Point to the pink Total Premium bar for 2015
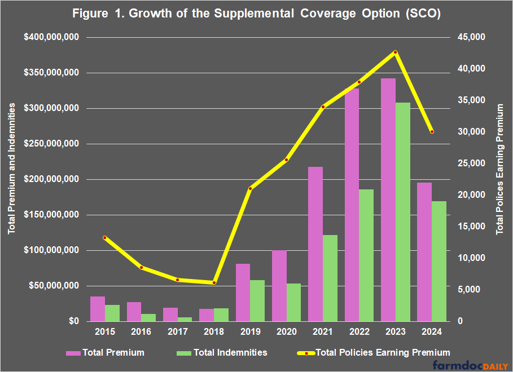point(98,309)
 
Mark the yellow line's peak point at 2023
point(396,52)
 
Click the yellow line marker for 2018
point(214,282)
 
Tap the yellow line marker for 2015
point(105,238)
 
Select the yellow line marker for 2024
point(432,131)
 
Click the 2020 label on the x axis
point(286,332)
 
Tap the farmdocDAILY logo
point(471,365)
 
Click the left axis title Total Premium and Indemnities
point(12,180)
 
